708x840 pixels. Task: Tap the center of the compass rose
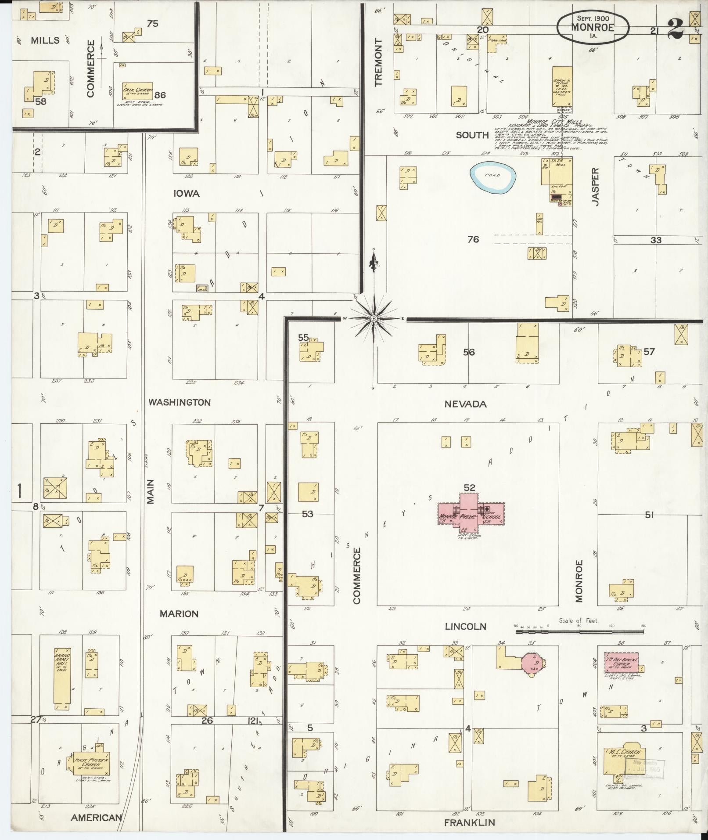click(373, 318)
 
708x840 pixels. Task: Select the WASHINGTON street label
click(179, 402)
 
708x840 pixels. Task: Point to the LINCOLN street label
click(466, 627)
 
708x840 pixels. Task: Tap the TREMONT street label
click(379, 61)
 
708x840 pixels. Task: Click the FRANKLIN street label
click(469, 822)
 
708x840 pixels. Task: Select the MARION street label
click(179, 613)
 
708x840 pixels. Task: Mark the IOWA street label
click(187, 194)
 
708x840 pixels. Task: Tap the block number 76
click(473, 239)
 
